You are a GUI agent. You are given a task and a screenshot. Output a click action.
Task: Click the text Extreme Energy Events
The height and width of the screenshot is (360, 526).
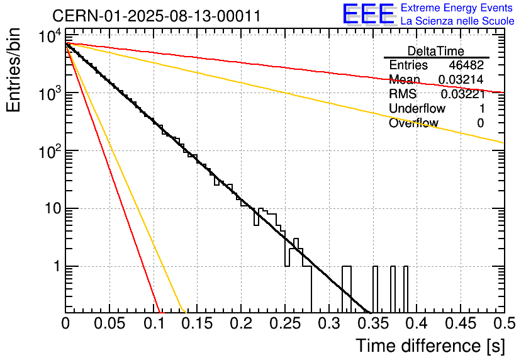[x=457, y=8]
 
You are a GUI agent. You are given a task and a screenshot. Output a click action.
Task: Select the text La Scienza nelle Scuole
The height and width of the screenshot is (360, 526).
[x=457, y=21]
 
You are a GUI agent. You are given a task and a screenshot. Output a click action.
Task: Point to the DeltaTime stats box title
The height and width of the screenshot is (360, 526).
[x=436, y=51]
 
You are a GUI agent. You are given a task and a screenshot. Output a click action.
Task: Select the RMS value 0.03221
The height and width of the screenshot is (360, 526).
[x=462, y=94]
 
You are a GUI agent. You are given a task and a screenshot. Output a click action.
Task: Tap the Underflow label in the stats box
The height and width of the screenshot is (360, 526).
[x=416, y=109]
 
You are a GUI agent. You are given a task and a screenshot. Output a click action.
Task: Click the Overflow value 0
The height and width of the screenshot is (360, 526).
[x=481, y=123]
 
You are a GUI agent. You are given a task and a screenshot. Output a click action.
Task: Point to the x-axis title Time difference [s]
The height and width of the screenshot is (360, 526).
[x=429, y=346]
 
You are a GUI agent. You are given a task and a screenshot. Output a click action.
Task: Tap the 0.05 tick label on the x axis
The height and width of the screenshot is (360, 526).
[x=109, y=323]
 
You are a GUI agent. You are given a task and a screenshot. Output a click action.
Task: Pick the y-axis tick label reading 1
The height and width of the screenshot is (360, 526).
[x=55, y=267]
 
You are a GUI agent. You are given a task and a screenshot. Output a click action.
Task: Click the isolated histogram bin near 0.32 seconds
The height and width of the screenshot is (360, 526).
[x=346, y=289]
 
